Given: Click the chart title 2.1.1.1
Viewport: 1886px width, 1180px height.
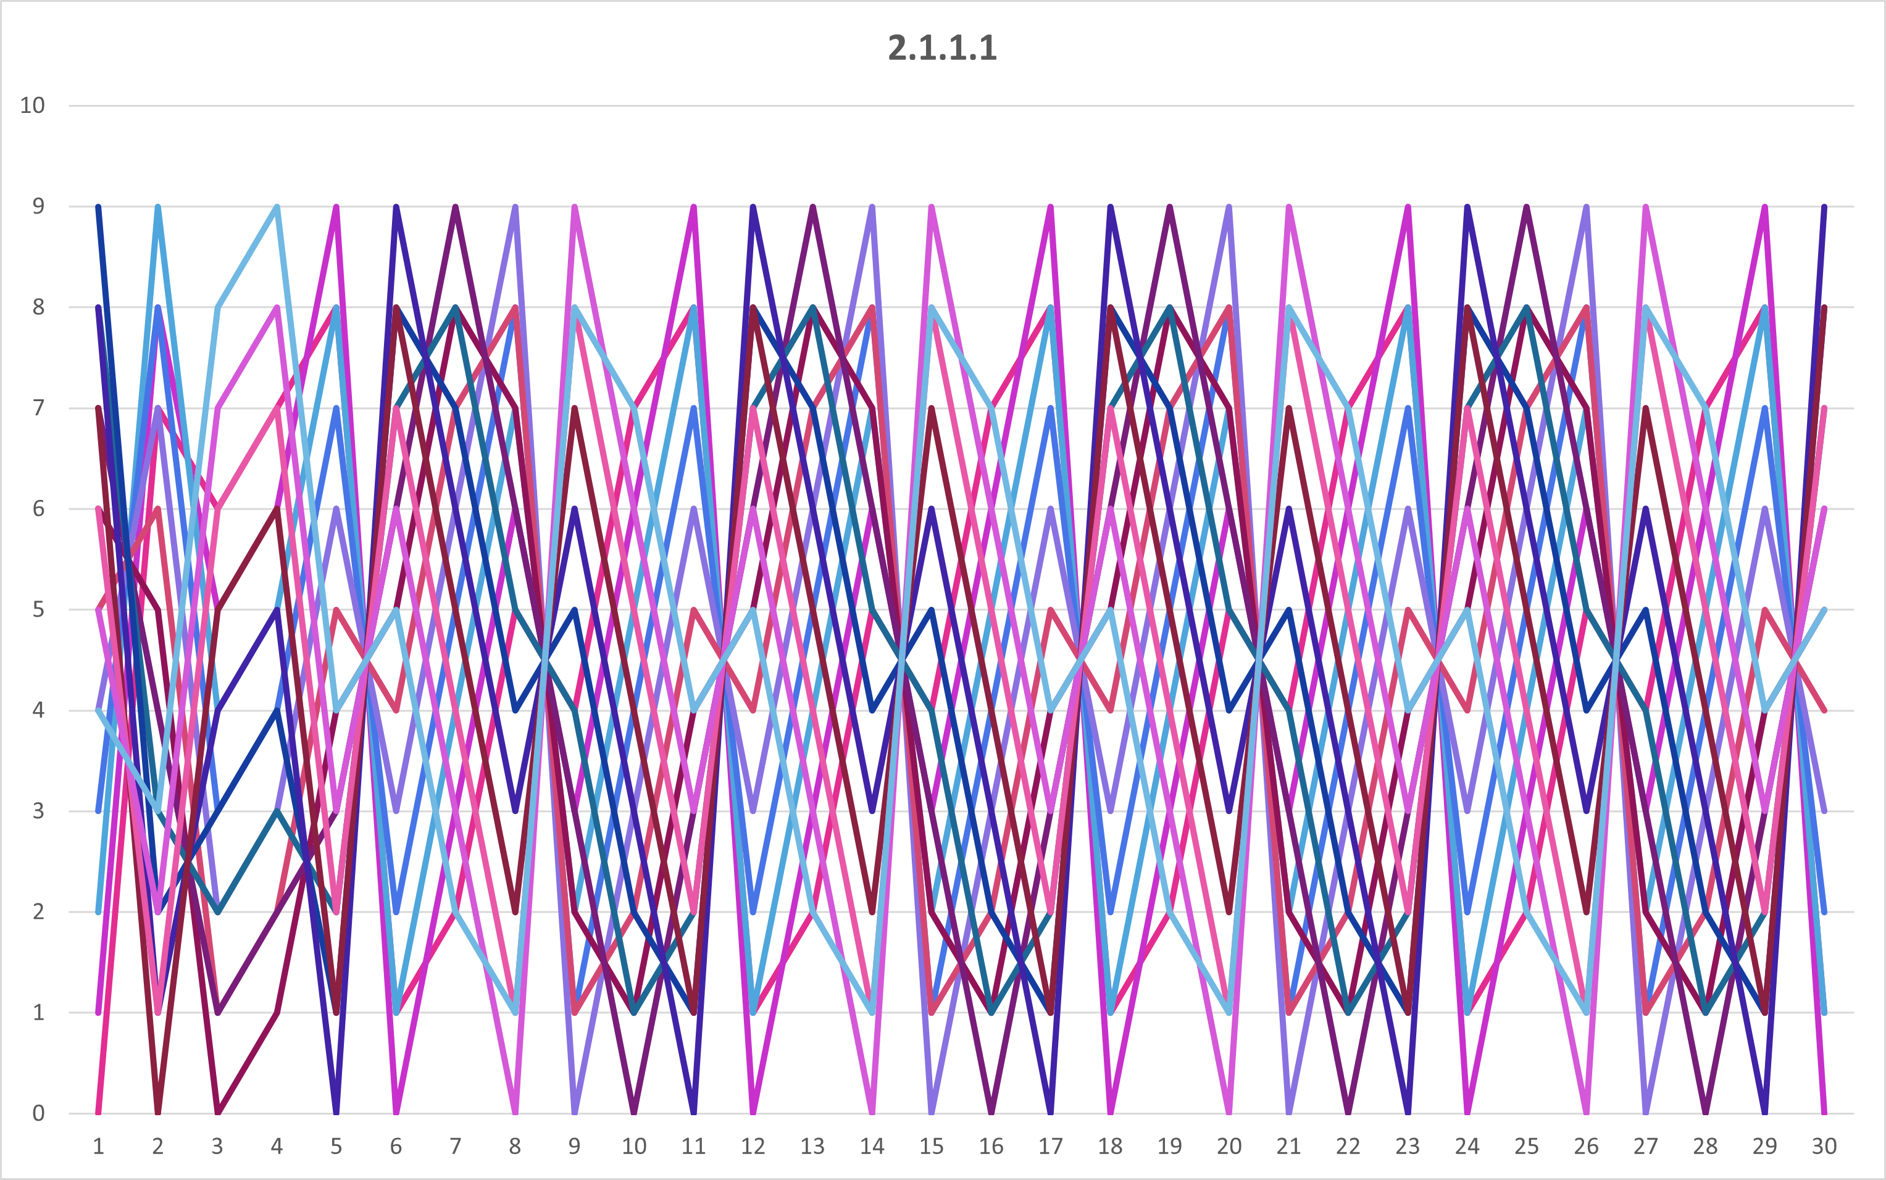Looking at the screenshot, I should (942, 48).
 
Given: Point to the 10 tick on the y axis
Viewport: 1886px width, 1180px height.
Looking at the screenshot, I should (32, 106).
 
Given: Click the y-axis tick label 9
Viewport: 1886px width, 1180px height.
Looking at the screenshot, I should (38, 206).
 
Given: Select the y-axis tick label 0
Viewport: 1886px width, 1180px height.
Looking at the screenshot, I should (38, 1113).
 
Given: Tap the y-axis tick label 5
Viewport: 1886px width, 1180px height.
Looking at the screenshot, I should (38, 610).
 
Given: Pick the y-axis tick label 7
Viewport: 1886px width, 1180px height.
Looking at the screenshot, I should (38, 407).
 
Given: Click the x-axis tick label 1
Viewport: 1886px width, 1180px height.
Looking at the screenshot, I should (98, 1145).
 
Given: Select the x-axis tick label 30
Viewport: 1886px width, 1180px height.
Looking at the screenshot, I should (1824, 1145).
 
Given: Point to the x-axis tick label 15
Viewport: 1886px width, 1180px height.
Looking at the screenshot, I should (932, 1145).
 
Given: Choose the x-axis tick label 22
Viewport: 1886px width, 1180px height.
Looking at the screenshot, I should (1348, 1145).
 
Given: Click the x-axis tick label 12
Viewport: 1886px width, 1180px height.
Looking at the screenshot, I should (753, 1145).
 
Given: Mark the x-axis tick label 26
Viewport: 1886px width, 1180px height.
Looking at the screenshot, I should (1586, 1145).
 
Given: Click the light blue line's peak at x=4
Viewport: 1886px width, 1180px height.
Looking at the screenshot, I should (277, 207).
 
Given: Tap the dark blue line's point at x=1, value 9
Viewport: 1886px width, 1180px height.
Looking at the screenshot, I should (98, 207).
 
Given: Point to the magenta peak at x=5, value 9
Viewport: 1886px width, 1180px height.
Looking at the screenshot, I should (336, 207).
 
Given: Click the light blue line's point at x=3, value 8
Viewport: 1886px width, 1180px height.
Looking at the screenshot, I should (218, 307).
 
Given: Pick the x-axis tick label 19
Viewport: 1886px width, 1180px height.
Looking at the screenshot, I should (1169, 1145).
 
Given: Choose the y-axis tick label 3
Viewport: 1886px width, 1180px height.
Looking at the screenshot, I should (38, 811).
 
